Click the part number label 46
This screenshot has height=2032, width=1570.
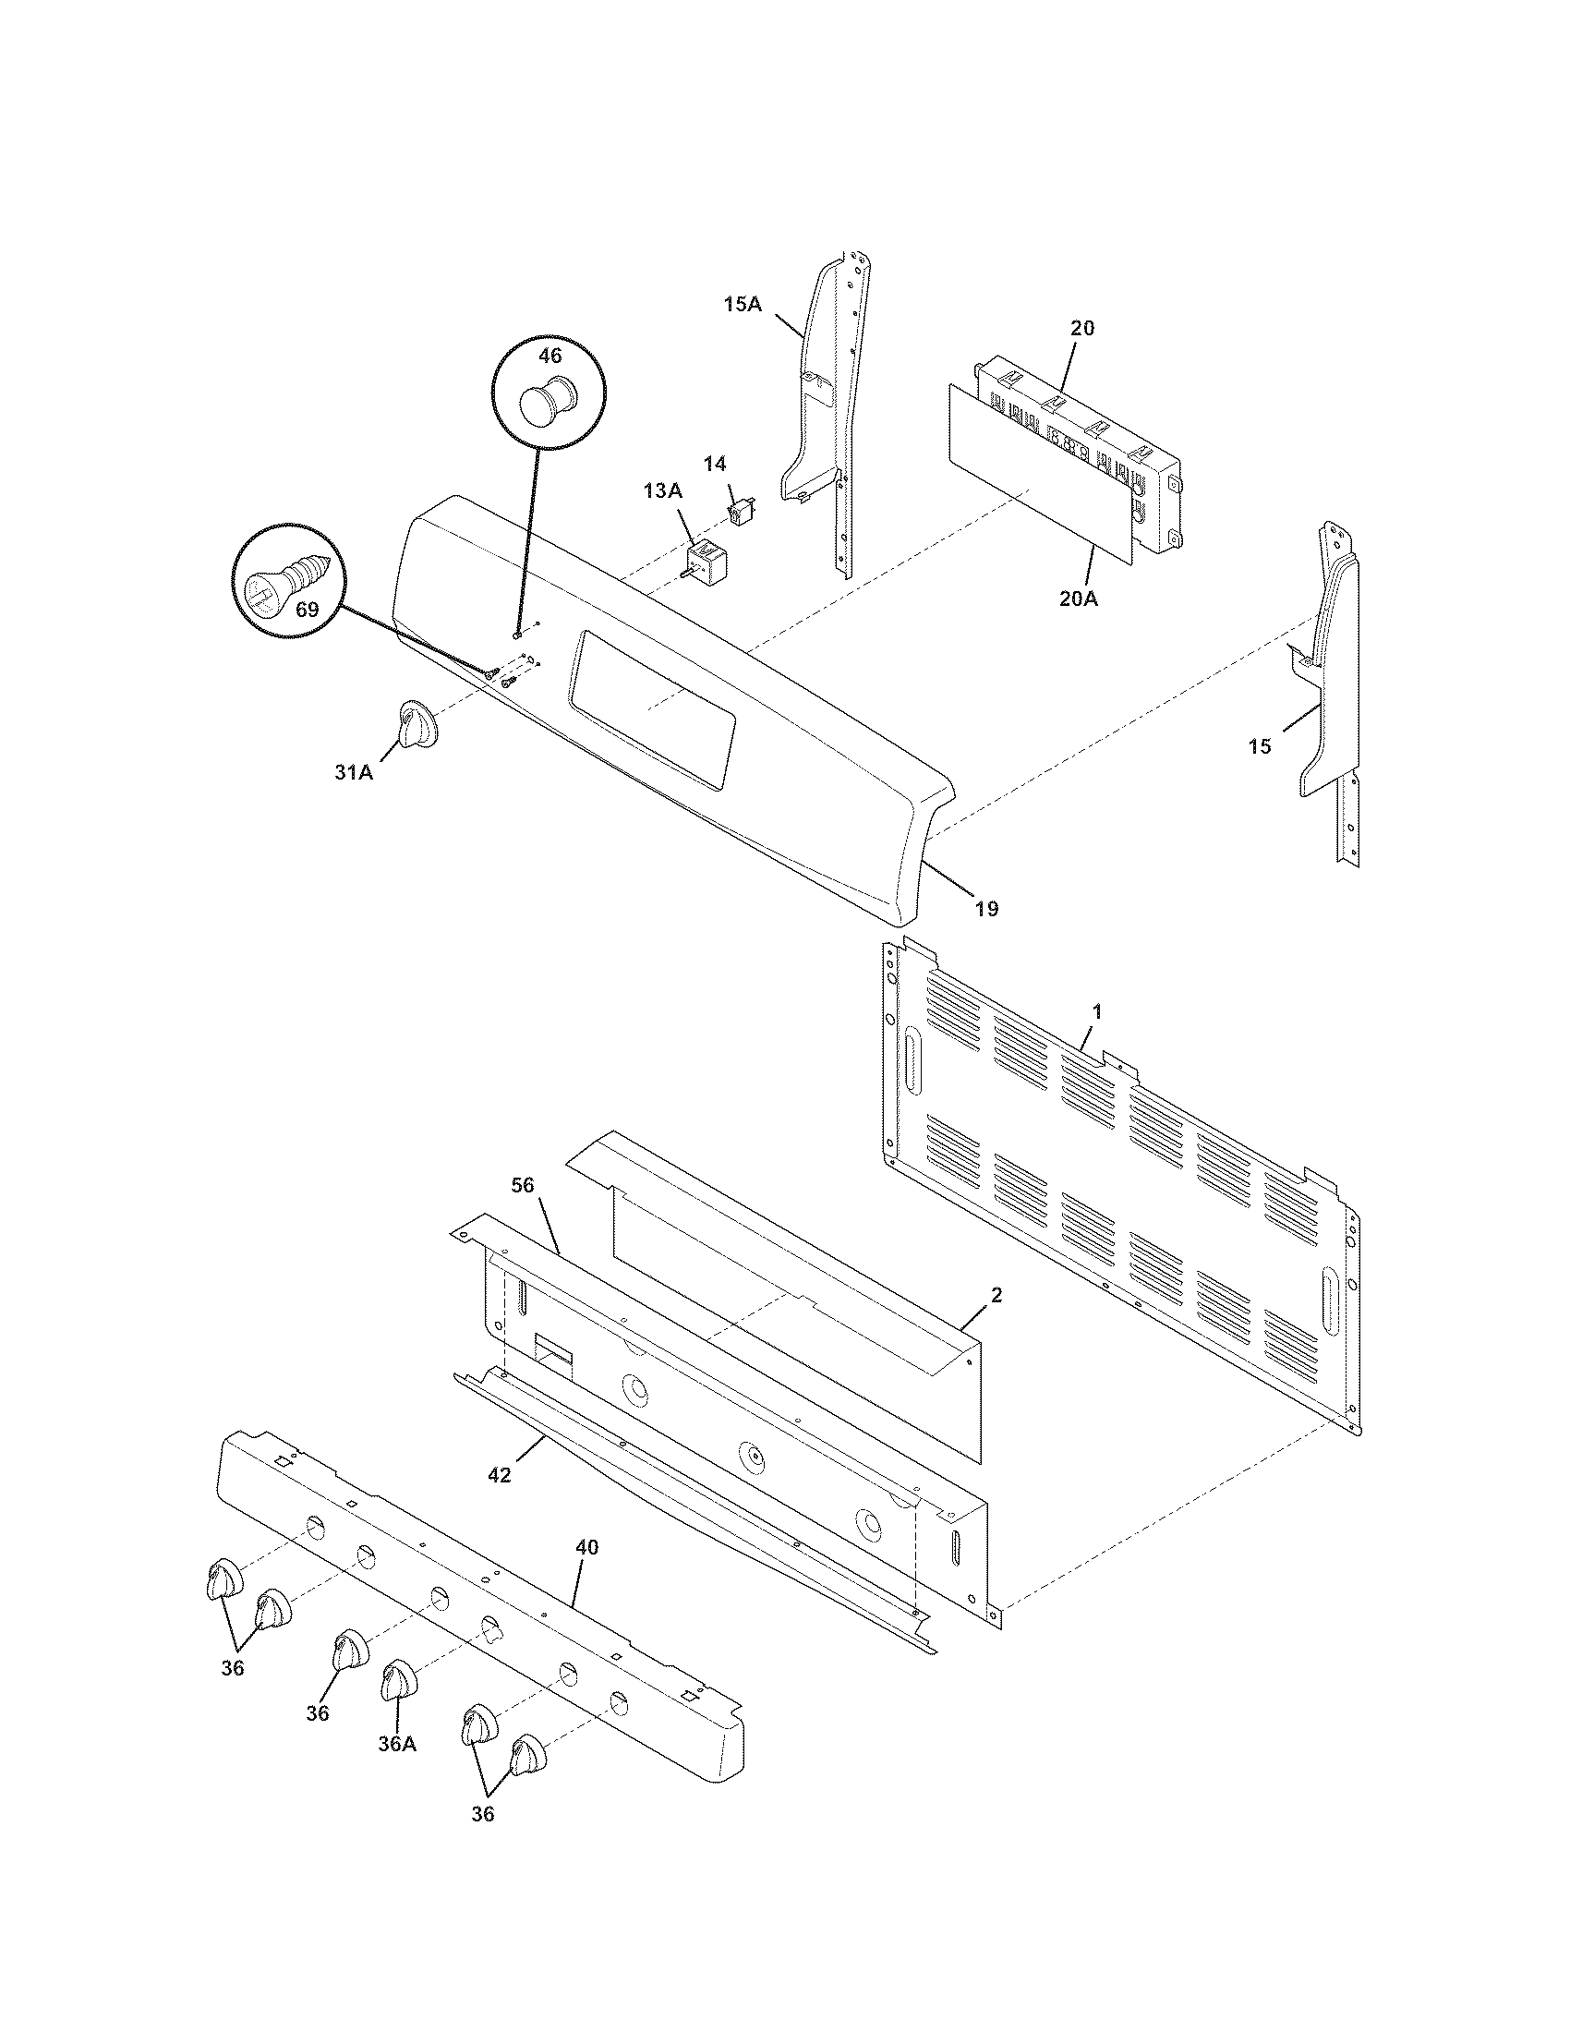tap(550, 356)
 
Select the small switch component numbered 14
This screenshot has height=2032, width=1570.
tap(742, 512)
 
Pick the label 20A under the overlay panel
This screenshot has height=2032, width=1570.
tap(1078, 599)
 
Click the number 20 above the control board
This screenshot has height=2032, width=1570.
tap(1082, 328)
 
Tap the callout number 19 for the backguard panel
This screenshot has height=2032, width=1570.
tap(986, 908)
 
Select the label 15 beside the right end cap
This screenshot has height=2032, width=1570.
tap(1260, 746)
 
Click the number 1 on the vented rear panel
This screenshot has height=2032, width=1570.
tap(1097, 1010)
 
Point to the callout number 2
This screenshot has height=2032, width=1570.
tap(996, 1295)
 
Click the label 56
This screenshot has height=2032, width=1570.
tap(524, 1184)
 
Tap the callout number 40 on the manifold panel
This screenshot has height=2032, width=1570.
tap(586, 1547)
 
